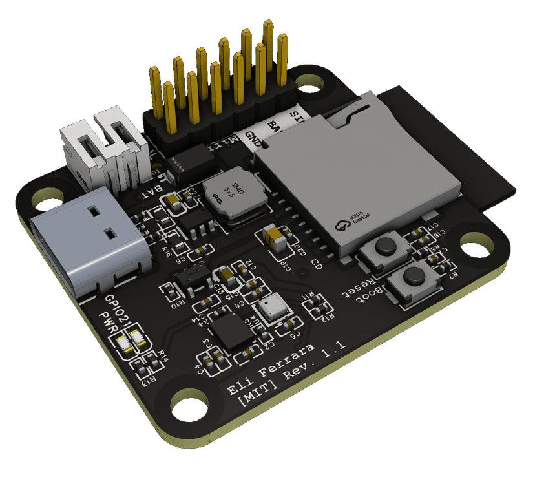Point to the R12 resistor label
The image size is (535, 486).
tap(330, 313)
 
